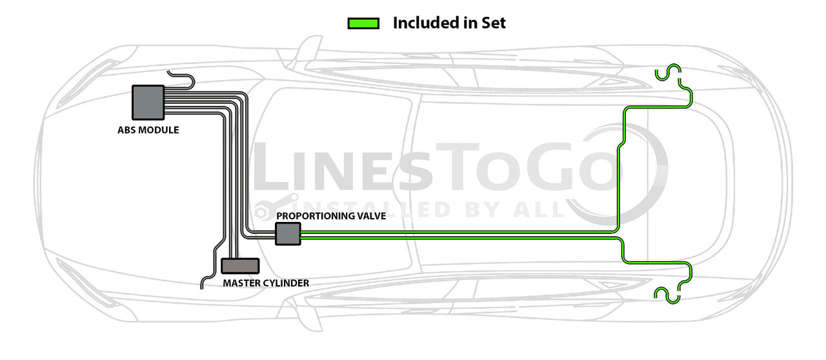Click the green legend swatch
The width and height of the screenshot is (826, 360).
coord(363,23)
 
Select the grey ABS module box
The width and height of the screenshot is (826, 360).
coord(148,102)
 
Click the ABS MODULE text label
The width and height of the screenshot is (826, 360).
coord(148,130)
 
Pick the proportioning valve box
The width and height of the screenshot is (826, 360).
coord(288,234)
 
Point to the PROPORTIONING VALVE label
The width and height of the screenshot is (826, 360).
coord(331,216)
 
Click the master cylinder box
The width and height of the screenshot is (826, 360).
coord(240,266)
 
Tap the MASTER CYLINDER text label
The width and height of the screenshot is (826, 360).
coord(266,283)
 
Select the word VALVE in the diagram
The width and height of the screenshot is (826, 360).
coord(371,216)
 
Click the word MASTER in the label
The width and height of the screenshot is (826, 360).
coord(240,283)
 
